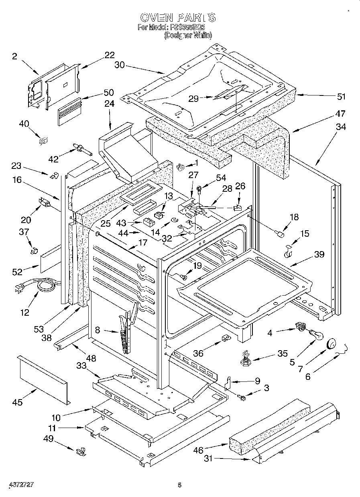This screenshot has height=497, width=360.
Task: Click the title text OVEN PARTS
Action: tap(178, 18)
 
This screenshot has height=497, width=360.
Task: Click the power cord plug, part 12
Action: tap(18, 288)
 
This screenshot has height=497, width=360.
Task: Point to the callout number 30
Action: tap(120, 65)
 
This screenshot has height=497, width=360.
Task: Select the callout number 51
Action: tap(341, 97)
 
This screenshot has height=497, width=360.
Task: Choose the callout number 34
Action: tap(341, 127)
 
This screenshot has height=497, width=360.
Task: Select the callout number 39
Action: tap(320, 255)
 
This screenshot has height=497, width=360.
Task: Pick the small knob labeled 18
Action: tap(280, 233)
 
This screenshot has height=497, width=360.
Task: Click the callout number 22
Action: tap(109, 55)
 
